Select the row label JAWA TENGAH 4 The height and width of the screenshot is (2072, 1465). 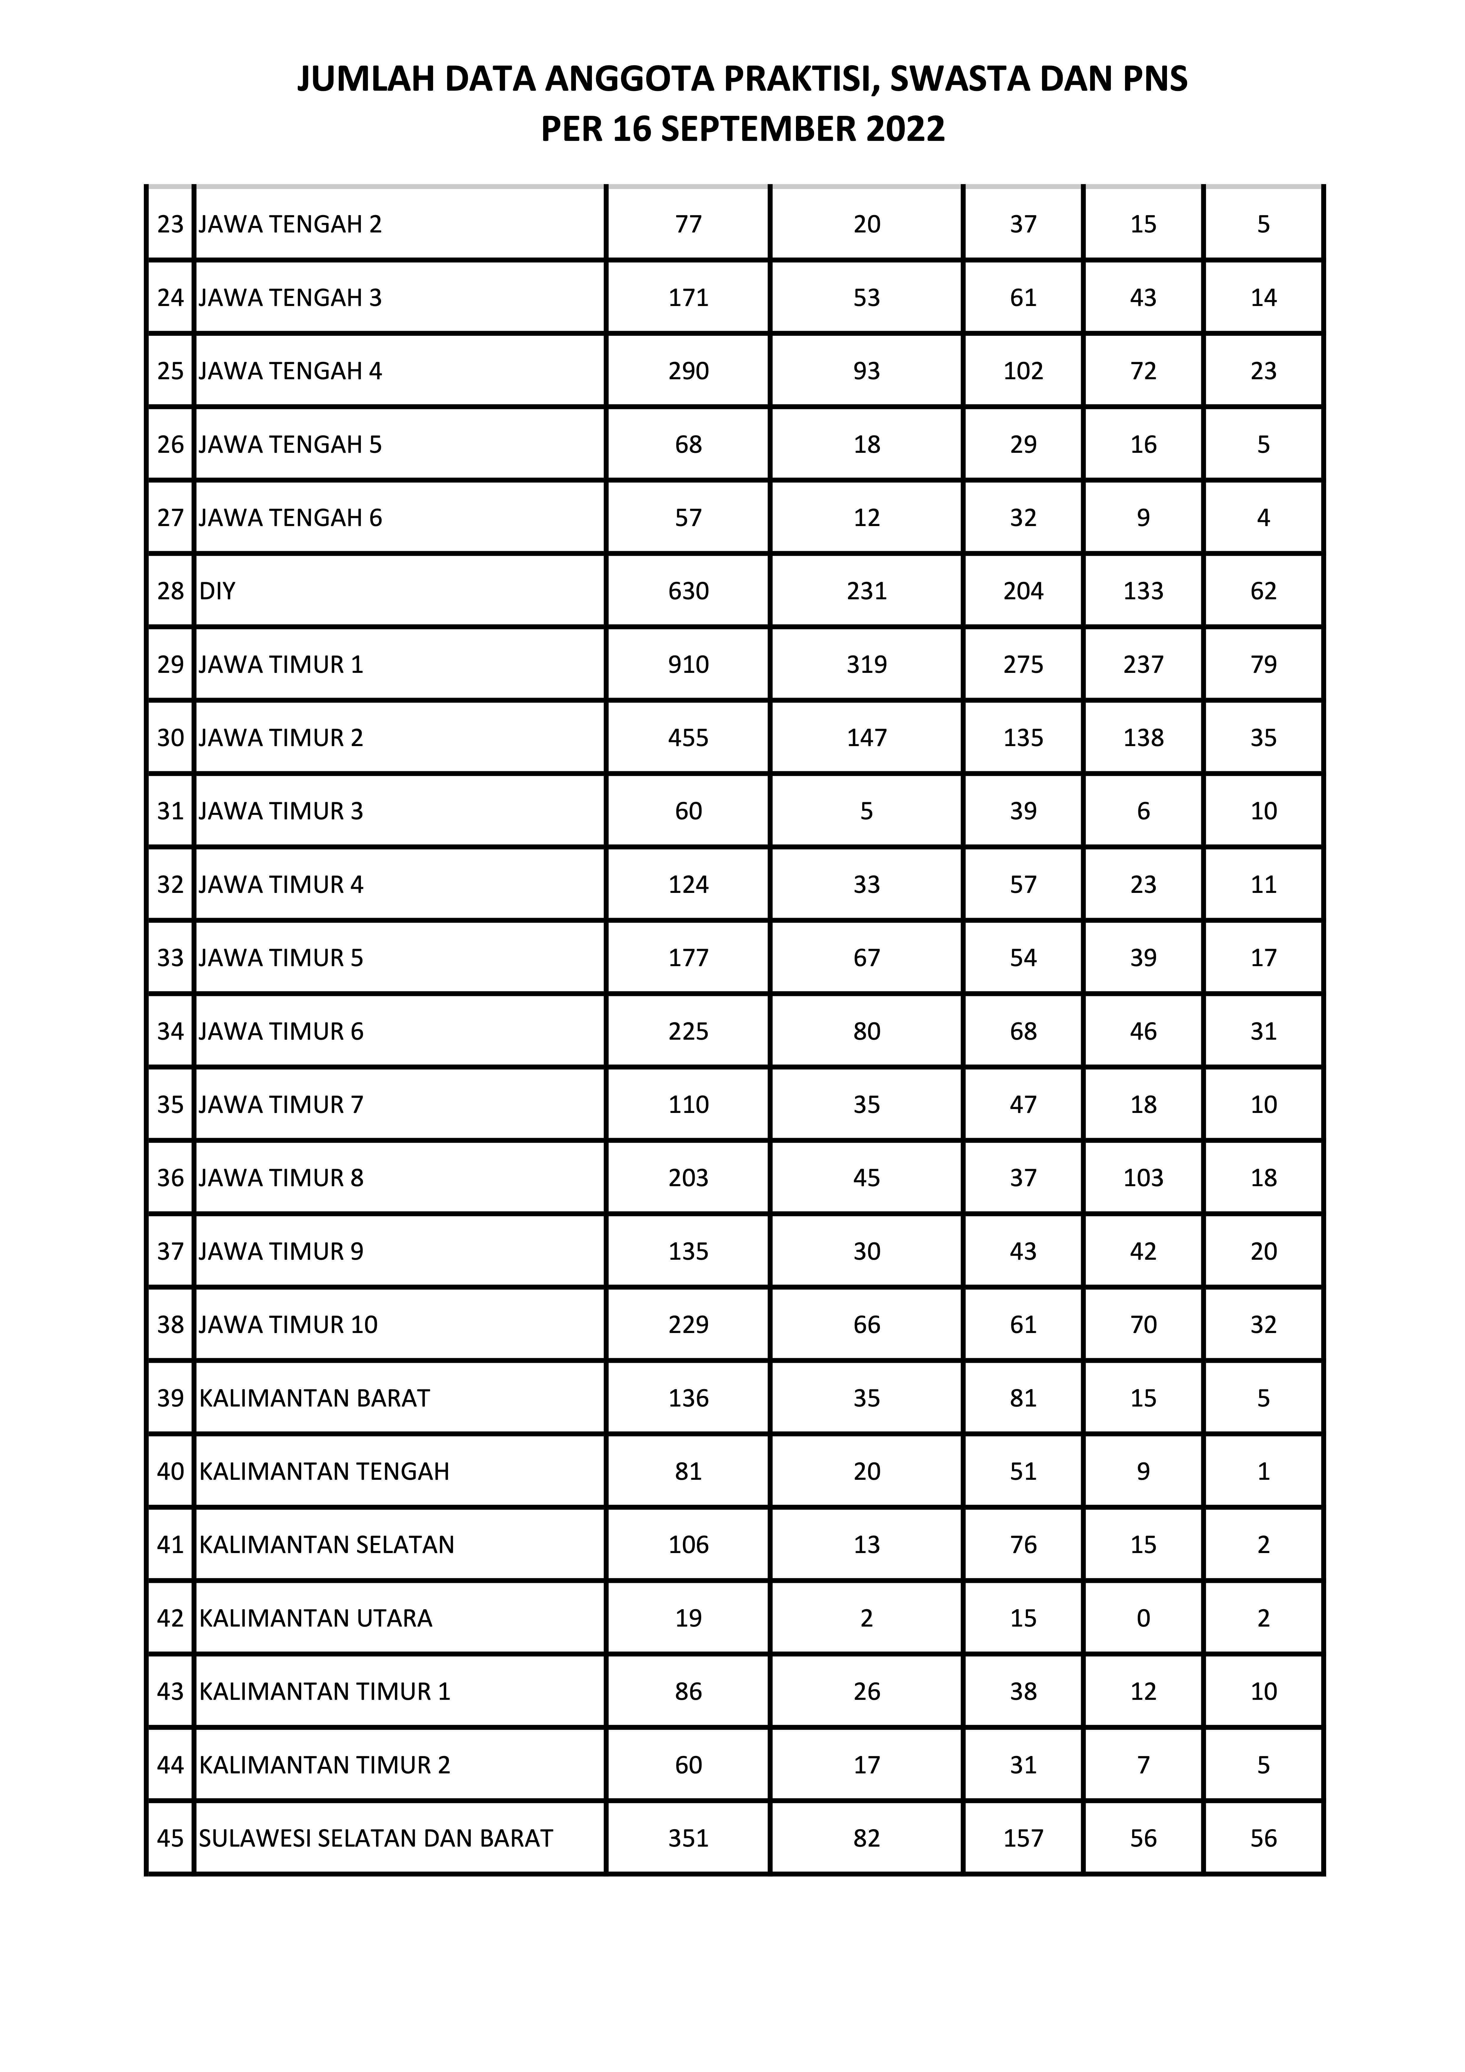coord(290,371)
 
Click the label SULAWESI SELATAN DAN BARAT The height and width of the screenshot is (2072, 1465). coord(375,1838)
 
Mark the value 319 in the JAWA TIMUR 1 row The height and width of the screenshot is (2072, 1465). coord(867,665)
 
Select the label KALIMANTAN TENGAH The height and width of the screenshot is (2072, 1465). coord(324,1472)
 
